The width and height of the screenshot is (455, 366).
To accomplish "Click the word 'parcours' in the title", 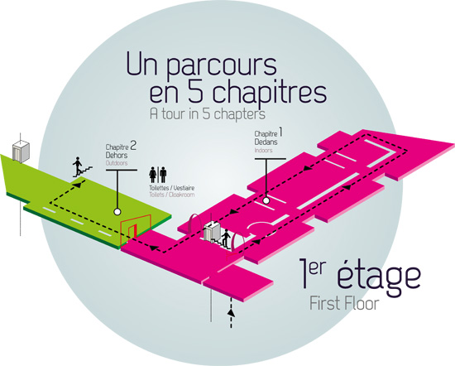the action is click(222, 66).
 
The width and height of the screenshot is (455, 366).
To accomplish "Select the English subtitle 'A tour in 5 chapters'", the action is click(208, 114).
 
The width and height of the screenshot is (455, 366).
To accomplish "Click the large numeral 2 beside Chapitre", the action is click(133, 145).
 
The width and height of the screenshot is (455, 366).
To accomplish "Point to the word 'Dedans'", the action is click(266, 142).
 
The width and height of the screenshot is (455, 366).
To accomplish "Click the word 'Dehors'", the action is click(117, 155).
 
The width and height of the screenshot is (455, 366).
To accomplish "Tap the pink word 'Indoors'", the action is click(263, 151).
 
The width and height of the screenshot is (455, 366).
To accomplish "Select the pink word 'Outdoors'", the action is click(117, 163).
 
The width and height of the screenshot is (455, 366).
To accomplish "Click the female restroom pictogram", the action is click(153, 174).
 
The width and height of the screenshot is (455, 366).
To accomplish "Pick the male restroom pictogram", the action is click(163, 174).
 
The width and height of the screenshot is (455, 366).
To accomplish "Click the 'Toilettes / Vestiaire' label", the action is click(172, 188).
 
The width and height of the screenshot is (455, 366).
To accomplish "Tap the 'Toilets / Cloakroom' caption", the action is click(172, 195).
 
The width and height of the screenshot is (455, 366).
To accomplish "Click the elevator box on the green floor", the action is click(21, 152).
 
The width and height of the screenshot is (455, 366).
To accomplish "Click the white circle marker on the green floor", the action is click(117, 212).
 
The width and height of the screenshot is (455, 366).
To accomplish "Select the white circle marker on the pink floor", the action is click(266, 200).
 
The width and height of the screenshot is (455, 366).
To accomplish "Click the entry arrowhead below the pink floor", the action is click(231, 312).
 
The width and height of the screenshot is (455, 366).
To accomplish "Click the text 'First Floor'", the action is click(344, 304).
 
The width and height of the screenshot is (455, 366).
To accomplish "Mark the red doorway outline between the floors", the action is click(136, 229).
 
